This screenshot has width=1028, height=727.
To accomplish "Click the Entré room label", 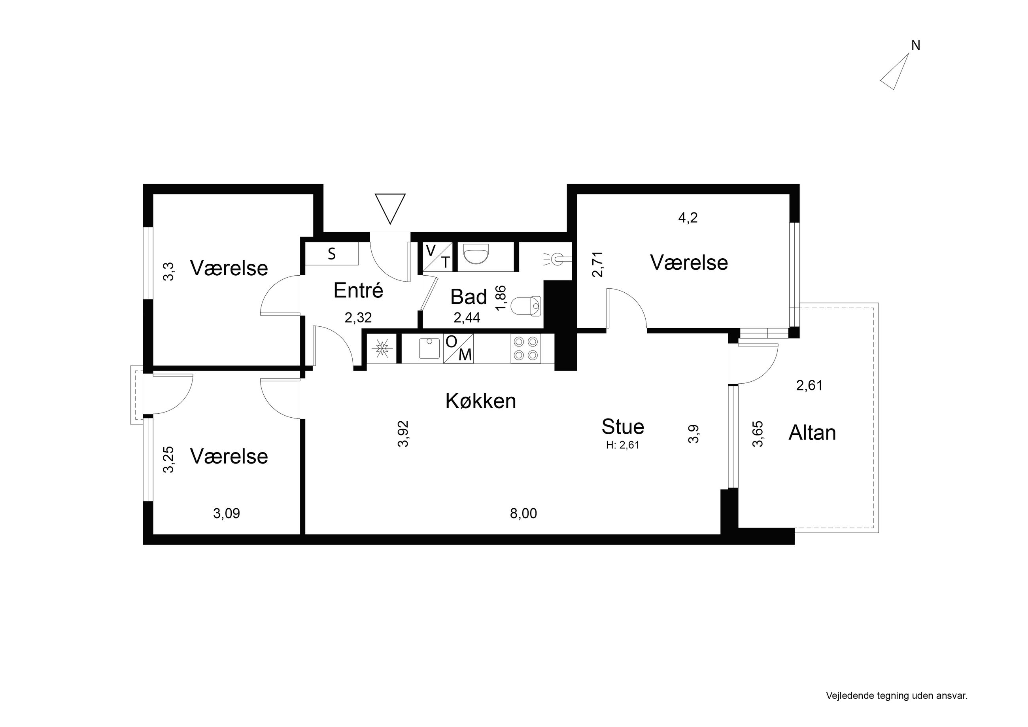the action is click(358, 290).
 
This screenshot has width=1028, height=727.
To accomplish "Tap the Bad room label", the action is click(468, 297).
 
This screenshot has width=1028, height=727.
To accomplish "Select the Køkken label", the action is click(480, 401).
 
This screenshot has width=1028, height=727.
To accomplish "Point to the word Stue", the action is click(623, 426).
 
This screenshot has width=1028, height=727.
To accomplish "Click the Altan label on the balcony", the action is click(812, 433).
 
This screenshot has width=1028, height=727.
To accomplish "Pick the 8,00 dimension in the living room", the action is click(523, 513).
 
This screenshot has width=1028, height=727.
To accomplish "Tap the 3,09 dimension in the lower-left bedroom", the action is click(227, 513).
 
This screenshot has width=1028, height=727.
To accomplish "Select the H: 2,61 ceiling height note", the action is click(623, 445).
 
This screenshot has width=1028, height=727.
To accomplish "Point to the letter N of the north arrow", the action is click(916, 46).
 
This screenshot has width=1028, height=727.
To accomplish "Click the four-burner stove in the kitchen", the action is click(525, 348).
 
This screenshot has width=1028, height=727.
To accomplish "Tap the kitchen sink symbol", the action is click(429, 348).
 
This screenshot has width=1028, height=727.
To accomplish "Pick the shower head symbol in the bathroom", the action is click(558, 259).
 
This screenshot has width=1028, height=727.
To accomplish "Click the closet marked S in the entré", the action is click(331, 254).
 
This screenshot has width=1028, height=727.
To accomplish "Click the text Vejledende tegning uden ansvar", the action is click(897, 696).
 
